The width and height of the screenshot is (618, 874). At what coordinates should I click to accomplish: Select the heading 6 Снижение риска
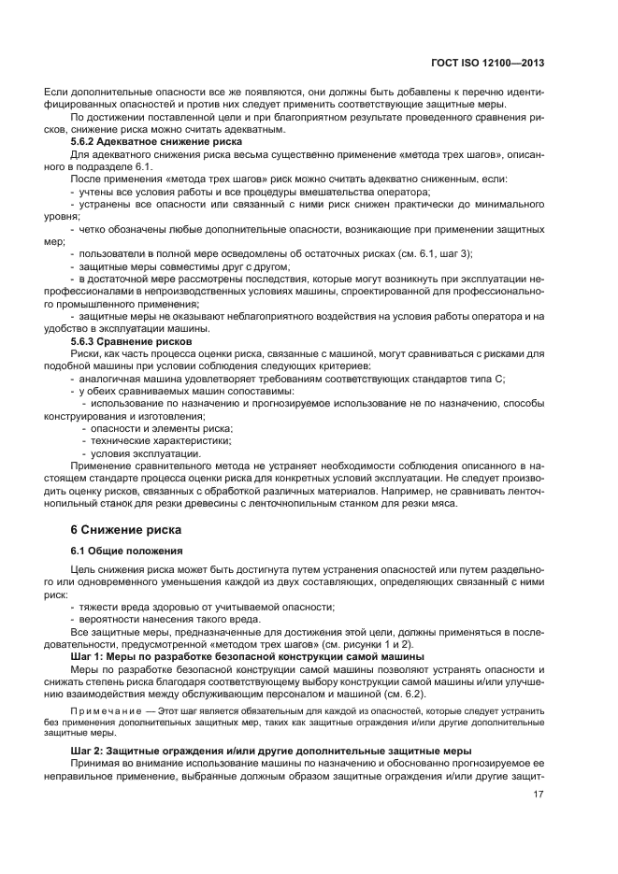coord(120,529)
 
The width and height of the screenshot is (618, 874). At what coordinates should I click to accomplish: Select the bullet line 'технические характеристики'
coord(162,439)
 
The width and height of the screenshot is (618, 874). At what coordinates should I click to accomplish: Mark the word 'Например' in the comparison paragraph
coord(431,489)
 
